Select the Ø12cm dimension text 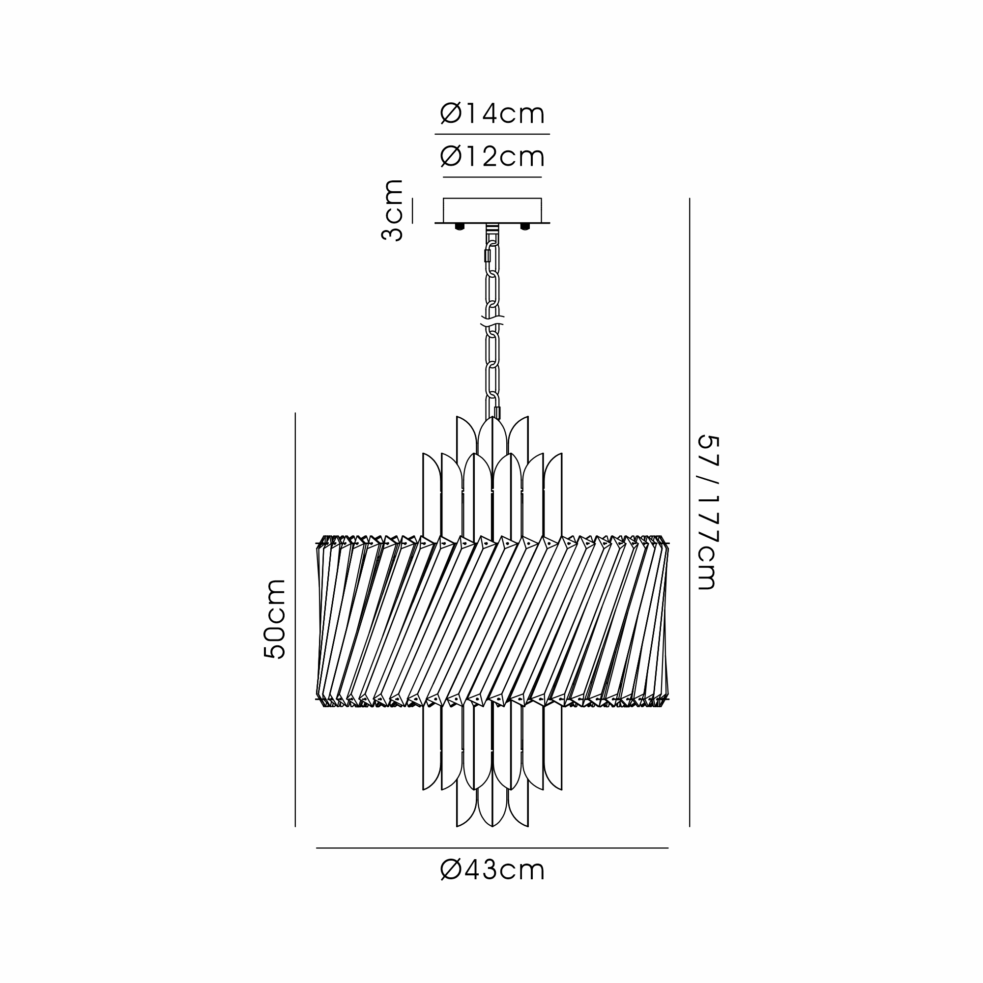point(492,157)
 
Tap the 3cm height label point(392,210)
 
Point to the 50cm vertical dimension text point(275,619)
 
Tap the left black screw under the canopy point(460,227)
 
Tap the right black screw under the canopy point(523,227)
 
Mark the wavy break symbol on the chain point(492,321)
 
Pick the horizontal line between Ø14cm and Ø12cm point(492,134)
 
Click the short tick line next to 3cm point(412,210)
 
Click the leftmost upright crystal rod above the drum point(432,493)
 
